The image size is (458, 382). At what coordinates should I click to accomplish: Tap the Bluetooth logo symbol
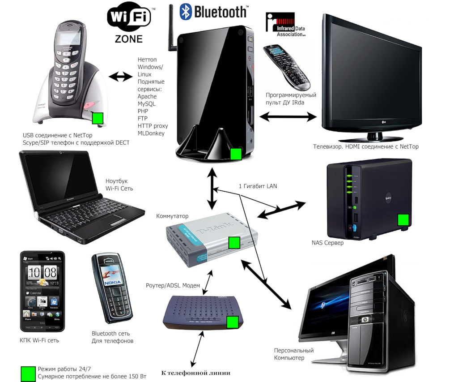186,12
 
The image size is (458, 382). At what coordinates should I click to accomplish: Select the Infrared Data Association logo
287,25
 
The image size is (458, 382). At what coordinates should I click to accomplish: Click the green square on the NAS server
404,219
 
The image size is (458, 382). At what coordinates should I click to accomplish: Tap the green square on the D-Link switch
234,243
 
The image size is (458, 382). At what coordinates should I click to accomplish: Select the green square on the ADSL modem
233,322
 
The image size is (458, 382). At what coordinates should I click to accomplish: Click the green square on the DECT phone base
98,118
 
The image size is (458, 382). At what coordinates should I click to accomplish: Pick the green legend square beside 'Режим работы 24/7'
28,373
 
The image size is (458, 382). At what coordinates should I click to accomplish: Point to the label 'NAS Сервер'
327,243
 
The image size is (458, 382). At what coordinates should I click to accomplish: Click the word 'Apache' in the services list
147,96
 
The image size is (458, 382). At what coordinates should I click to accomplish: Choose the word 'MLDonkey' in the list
151,133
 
